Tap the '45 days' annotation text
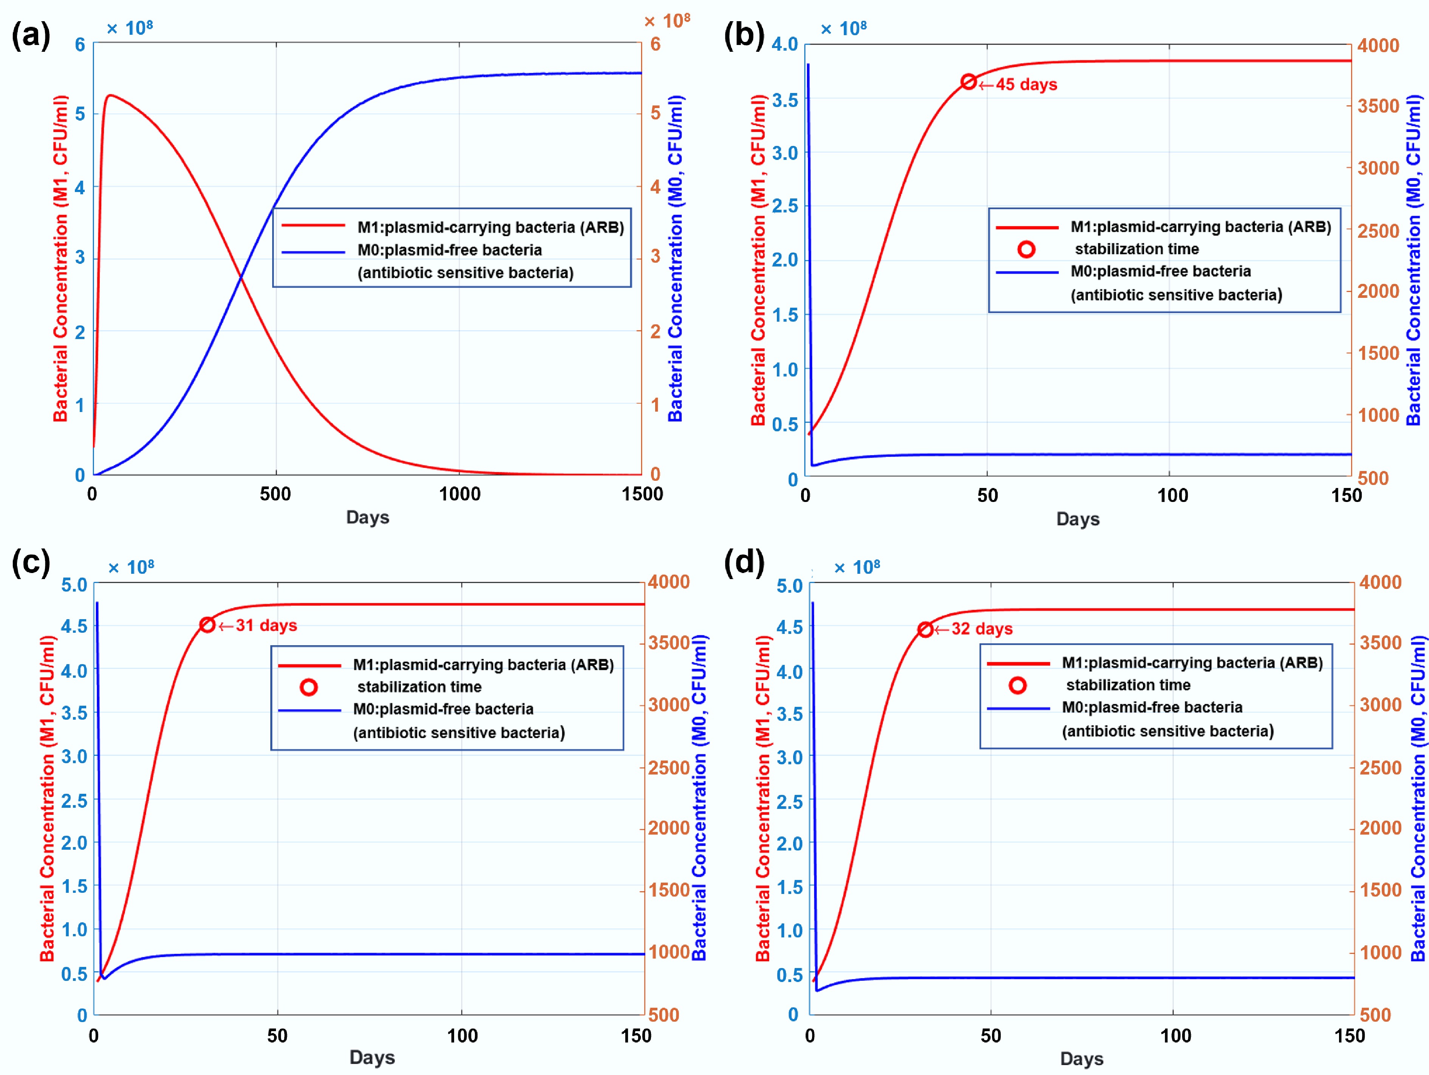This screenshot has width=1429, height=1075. [1026, 85]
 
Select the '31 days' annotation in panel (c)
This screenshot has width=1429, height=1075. [266, 625]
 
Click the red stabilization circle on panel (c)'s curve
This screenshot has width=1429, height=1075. [207, 625]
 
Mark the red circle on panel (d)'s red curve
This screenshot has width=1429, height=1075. [925, 629]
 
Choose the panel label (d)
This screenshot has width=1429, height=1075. [744, 562]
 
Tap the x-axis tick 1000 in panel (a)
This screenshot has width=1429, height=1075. [459, 494]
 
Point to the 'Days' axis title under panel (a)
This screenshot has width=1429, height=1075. [367, 517]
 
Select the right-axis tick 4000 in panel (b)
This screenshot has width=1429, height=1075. [1378, 45]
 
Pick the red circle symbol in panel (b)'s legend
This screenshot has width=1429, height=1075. [1026, 249]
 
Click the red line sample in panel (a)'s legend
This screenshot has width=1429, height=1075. [313, 225]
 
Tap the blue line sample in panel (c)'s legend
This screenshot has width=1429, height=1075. [309, 710]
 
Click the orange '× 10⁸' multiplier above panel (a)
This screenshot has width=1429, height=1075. [667, 21]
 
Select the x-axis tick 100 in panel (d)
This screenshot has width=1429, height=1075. [1175, 1036]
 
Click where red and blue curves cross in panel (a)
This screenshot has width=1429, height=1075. [241, 277]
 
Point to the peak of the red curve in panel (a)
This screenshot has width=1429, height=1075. [110, 96]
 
